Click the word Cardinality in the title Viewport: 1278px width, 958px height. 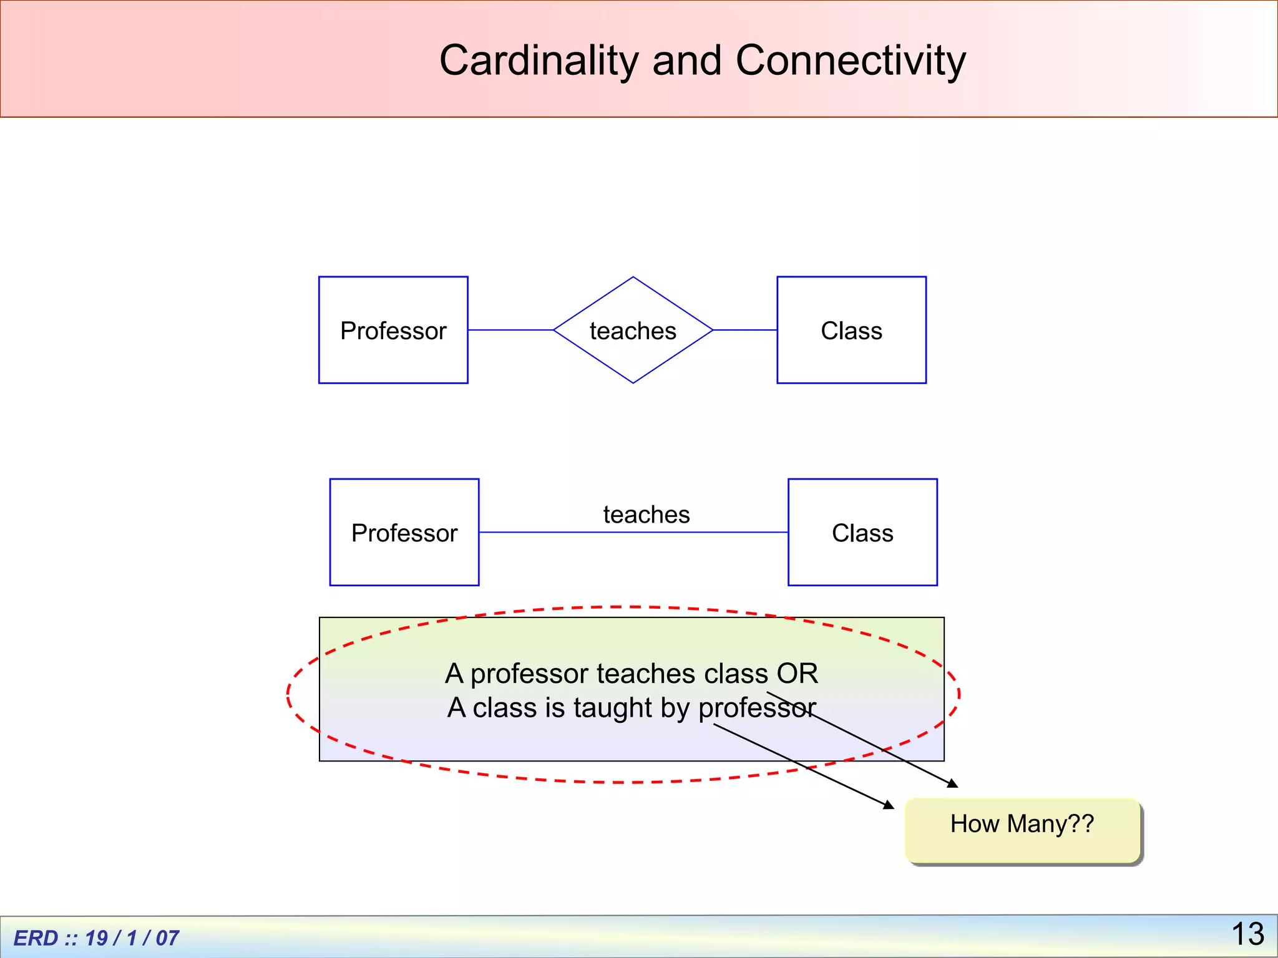point(538,60)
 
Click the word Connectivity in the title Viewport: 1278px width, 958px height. point(851,60)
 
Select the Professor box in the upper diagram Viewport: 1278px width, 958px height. point(393,330)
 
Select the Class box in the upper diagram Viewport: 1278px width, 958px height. point(851,330)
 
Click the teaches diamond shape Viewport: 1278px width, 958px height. point(633,330)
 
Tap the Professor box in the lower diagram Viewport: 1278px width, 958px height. point(404,532)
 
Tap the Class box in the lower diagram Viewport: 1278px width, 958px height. point(862,532)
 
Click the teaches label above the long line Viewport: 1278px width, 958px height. point(646,515)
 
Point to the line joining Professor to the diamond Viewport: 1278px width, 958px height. point(510,330)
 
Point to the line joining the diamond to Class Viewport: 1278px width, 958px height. point(744,330)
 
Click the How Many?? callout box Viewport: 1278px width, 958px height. point(1022,830)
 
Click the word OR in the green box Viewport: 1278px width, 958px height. point(797,674)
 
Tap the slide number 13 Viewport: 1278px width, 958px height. point(1247,934)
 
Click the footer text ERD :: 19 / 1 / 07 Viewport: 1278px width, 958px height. point(96,937)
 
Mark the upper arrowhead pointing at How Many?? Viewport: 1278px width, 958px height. point(952,783)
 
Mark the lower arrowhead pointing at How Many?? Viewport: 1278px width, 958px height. point(889,805)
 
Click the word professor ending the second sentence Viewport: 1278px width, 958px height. point(757,708)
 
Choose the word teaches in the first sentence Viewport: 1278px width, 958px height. point(646,674)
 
